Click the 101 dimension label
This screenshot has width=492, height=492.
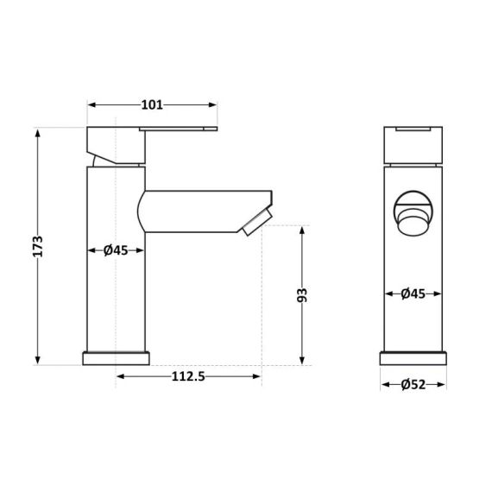coord(152,105)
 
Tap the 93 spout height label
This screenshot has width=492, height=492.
coord(302,294)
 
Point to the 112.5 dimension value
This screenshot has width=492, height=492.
coord(187,376)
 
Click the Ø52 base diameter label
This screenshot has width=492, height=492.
coord(413,385)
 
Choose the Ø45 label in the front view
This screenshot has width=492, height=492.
coord(413,293)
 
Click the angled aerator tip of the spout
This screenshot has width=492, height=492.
coord(258,222)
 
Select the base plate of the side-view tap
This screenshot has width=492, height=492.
coord(116,358)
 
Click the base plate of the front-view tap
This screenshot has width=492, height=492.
coord(413,358)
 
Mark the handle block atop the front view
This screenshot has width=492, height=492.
coord(413,144)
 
